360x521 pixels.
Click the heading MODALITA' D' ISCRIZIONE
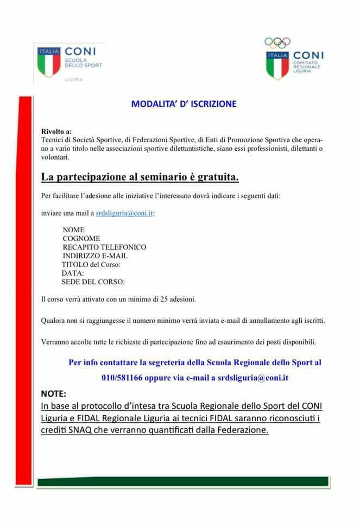point(184,104)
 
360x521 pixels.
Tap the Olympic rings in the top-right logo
point(277,42)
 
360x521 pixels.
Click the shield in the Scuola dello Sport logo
point(48,62)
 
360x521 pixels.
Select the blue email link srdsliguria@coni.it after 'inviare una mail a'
point(124,213)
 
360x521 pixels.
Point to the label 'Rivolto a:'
point(56,132)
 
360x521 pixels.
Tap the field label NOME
point(73,230)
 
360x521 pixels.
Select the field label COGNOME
point(81,238)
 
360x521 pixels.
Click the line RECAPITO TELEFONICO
point(104,247)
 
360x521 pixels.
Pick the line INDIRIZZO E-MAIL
point(95,256)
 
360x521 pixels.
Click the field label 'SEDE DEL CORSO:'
point(93,282)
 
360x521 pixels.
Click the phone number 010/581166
point(122,378)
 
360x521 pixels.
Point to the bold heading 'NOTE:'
point(54,393)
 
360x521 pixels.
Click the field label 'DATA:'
point(73,273)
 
